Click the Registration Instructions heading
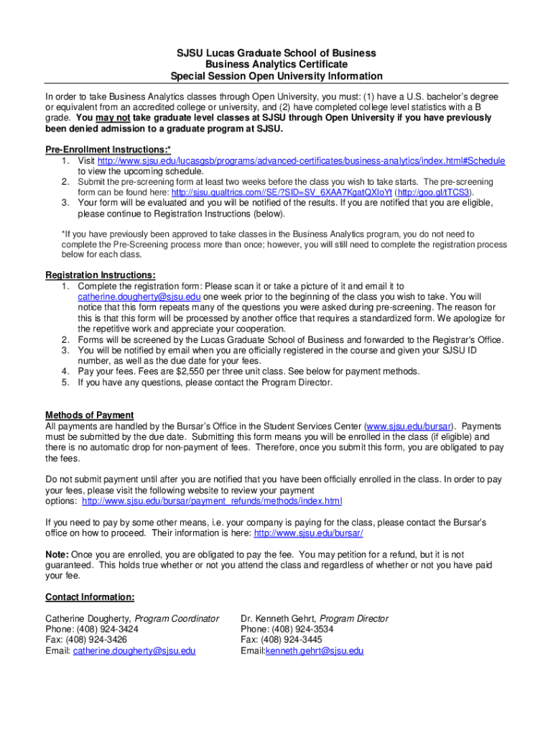click(101, 275)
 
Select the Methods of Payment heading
click(90, 415)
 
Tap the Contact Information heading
click(90, 597)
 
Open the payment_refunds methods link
click(212, 500)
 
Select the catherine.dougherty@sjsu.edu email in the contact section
click(134, 651)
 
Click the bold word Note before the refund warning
click(57, 555)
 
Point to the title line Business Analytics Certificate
click(276, 65)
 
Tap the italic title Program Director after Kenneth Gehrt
click(353, 618)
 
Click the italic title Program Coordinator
click(177, 618)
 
